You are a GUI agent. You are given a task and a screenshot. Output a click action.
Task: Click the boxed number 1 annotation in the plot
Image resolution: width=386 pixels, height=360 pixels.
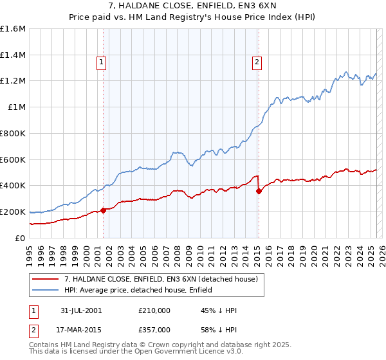[x=102, y=62]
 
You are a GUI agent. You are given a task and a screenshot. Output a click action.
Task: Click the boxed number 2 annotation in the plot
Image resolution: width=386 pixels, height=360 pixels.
[x=257, y=62]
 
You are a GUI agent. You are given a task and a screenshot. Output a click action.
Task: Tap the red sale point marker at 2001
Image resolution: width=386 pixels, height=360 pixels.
[x=104, y=210]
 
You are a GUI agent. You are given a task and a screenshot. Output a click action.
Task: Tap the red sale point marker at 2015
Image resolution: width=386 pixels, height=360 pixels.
[x=259, y=191]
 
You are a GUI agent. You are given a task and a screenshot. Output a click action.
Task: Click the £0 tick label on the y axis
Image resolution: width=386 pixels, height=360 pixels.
[x=20, y=238]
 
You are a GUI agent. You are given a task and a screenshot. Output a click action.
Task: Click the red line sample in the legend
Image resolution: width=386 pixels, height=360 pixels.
[x=46, y=278]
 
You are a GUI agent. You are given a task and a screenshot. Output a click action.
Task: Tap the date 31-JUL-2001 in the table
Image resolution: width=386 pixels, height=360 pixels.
[x=80, y=310]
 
